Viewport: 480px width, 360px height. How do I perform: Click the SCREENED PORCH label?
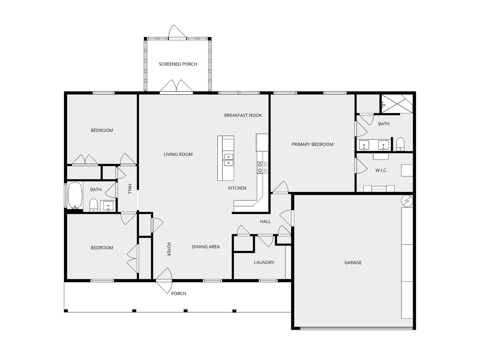[178, 64]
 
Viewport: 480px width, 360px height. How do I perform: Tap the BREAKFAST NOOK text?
[243, 115]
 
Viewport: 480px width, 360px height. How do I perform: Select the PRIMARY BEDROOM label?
[312, 144]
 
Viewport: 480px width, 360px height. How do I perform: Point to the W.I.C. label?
[381, 170]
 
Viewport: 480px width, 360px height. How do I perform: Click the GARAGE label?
[353, 263]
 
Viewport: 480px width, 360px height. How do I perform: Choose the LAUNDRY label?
[264, 262]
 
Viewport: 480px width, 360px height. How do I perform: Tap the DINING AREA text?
[206, 247]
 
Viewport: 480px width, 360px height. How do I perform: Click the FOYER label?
[169, 249]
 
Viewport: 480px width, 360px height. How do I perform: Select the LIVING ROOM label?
[178, 154]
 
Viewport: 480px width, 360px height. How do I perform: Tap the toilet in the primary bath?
[400, 144]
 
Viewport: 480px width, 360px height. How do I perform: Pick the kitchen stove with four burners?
[262, 168]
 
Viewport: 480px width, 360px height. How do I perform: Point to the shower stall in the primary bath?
[397, 104]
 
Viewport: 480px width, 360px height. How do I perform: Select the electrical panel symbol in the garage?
[407, 200]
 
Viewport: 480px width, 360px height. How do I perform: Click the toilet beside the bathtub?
[93, 205]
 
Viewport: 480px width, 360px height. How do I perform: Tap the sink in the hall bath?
[108, 206]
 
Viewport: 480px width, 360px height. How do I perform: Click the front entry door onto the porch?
[164, 280]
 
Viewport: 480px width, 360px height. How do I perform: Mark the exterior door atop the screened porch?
[177, 32]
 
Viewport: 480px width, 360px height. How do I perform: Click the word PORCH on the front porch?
[178, 294]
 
